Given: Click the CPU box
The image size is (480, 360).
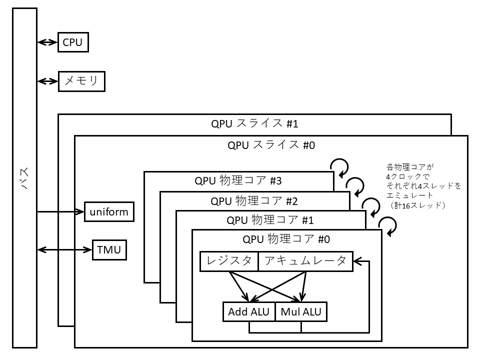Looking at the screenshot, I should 73,42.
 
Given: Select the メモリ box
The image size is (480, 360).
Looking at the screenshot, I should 82,81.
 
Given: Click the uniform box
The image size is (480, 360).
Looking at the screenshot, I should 109,212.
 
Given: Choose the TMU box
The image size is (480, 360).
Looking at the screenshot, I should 109,249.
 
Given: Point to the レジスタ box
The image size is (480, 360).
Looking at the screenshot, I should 229,261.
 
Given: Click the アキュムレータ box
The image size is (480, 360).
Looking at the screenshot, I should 305,261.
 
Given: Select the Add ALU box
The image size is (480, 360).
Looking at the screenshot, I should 248,312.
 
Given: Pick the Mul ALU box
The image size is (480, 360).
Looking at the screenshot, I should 301,312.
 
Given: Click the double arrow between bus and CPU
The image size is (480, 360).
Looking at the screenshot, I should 48,42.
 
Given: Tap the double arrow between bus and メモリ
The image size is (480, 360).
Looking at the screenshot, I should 48,81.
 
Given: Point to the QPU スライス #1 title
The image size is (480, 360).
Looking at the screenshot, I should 255,123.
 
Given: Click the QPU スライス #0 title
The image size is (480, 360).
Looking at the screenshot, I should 271,145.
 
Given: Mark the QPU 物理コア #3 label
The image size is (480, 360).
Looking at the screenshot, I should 238,181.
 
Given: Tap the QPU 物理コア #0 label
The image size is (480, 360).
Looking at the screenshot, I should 286,239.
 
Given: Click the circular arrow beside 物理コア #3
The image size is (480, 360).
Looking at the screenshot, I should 340,167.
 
